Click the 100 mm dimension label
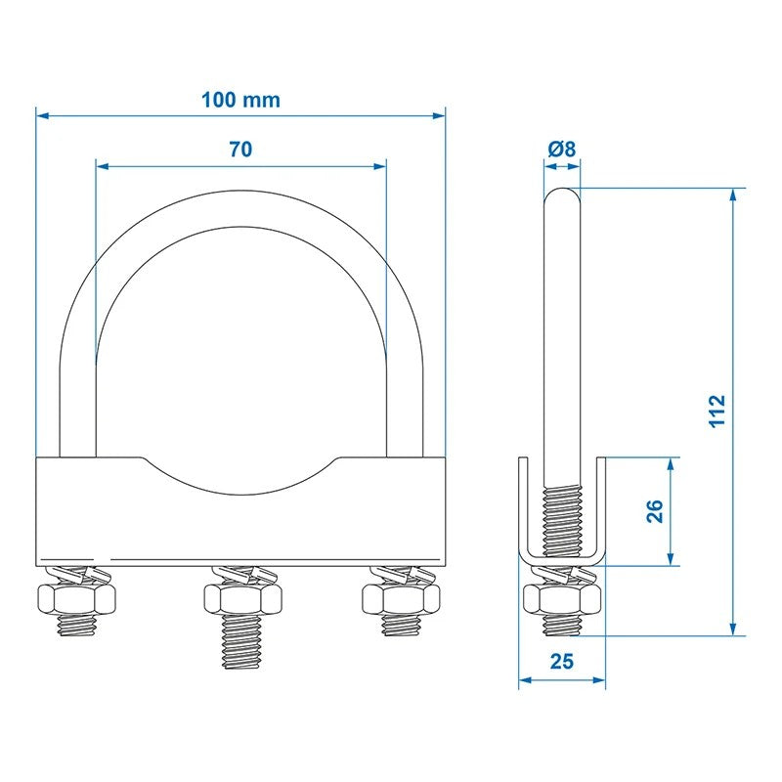point(240,100)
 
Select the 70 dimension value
point(240,150)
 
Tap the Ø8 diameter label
point(562,150)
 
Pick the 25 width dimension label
point(561,662)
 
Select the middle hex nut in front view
point(241,595)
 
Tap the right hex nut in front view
point(401,595)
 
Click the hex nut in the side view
point(562,596)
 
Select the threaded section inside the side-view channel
point(562,513)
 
